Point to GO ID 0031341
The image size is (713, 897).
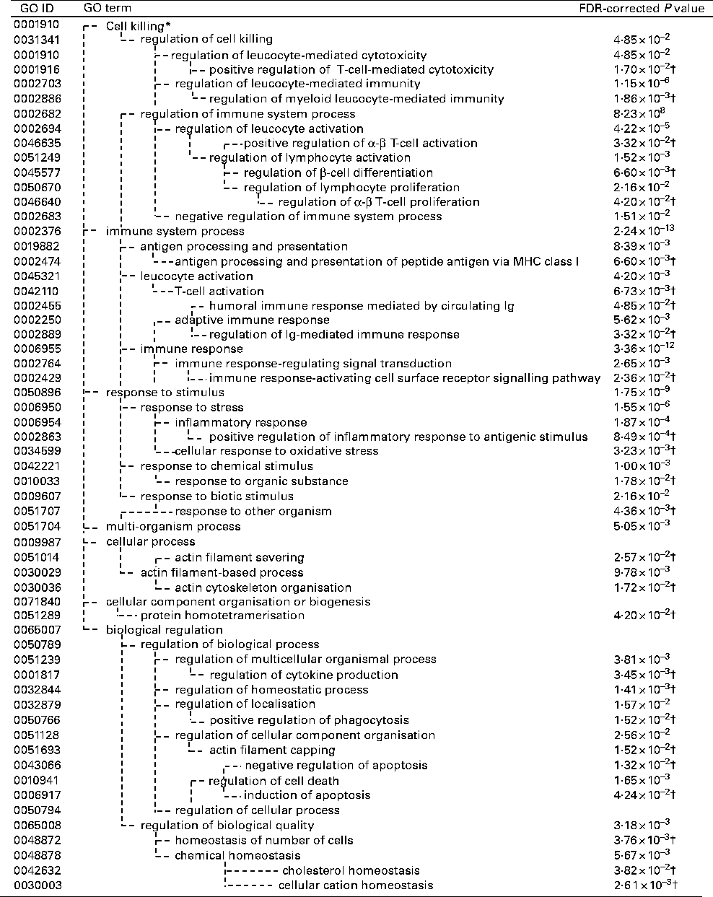click(37, 40)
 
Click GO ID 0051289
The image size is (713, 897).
click(37, 616)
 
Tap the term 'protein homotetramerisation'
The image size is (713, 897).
click(222, 616)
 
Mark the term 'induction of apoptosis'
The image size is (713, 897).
click(307, 795)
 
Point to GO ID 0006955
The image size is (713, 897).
click(37, 349)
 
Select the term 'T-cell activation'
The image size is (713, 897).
click(219, 291)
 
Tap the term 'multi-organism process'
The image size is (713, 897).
click(173, 526)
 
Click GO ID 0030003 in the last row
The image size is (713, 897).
click(37, 885)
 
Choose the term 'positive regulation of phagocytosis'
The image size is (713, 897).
click(309, 719)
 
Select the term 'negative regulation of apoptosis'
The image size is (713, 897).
click(336, 765)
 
